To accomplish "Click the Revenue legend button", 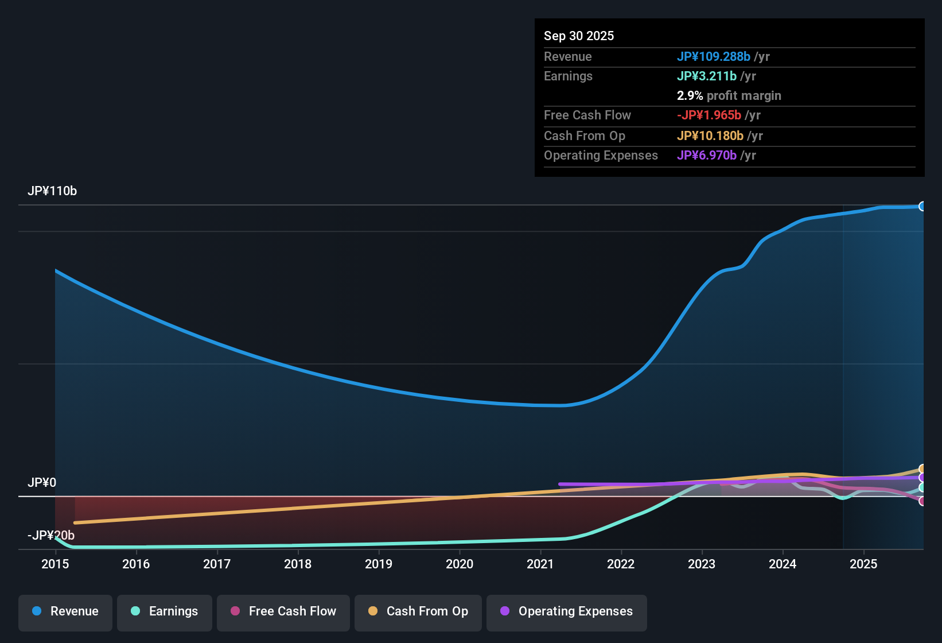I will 65,612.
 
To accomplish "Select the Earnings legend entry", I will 165,612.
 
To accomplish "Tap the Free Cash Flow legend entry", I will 283,612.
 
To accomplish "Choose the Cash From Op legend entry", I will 418,612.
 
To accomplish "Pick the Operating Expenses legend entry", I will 567,612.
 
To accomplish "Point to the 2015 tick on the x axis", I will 55,564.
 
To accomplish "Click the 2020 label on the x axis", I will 460,564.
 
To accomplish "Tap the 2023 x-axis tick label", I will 702,564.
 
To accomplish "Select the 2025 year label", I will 863,564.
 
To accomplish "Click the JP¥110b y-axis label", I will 52,191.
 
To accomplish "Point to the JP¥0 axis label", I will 42,483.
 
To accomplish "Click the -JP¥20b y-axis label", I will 51,536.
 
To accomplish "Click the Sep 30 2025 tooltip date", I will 579,36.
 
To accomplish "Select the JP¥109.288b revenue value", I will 714,57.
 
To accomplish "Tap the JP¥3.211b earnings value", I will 707,76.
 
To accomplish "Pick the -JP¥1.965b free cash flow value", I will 709,115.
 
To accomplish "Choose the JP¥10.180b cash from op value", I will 710,136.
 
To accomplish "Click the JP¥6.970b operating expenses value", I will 707,156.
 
